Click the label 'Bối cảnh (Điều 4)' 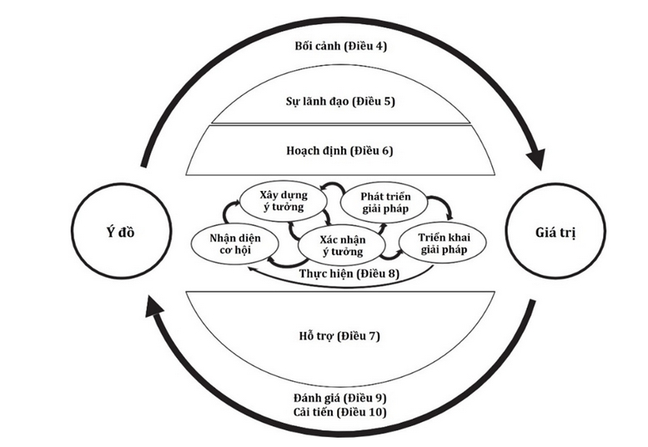pyautogui.click(x=341, y=45)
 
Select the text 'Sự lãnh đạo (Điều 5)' pyautogui.click(x=340, y=101)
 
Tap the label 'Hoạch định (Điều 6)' pyautogui.click(x=339, y=150)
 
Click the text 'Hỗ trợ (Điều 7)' pyautogui.click(x=339, y=336)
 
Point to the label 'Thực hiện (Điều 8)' pyautogui.click(x=349, y=274)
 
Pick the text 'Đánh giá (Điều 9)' pyautogui.click(x=340, y=398)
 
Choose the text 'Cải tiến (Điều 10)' pyautogui.click(x=340, y=412)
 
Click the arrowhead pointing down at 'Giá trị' pyautogui.click(x=536, y=158)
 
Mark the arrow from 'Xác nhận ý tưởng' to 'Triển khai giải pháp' pyautogui.click(x=391, y=256)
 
